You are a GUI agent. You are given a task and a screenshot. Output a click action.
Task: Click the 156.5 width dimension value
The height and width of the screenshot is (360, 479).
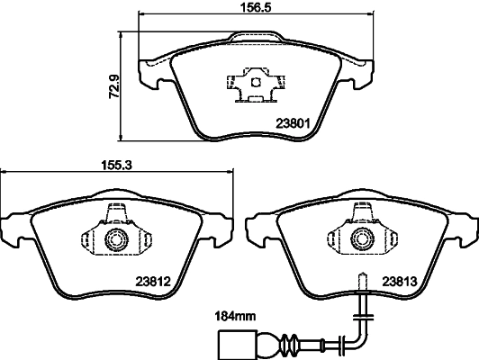tap(256, 6)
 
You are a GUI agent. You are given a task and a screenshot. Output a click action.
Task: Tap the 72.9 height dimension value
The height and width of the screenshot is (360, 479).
tap(114, 86)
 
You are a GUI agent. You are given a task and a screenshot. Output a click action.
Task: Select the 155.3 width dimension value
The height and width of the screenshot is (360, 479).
tap(116, 166)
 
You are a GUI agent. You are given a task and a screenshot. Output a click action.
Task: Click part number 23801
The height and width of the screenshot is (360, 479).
tap(293, 123)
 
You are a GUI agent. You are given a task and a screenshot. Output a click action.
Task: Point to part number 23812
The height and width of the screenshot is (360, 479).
tap(153, 281)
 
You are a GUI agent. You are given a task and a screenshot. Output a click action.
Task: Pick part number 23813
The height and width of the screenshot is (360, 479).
tap(400, 281)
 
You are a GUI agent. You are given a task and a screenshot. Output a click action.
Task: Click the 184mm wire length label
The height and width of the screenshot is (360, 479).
tap(236, 317)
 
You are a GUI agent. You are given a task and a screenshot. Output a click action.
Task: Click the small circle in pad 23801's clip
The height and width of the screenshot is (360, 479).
tap(256, 82)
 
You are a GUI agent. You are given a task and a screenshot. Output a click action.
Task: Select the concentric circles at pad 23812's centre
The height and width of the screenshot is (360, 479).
tap(116, 239)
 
